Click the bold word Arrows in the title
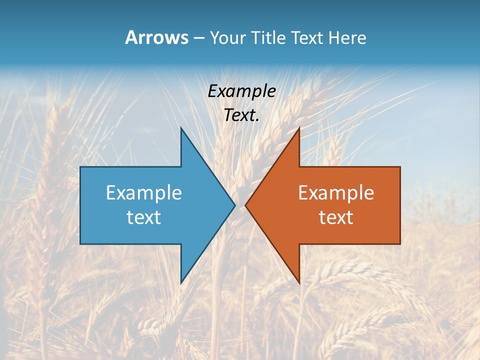(x=156, y=37)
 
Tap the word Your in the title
(x=228, y=37)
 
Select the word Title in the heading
(x=267, y=37)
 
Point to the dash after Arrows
(x=198, y=38)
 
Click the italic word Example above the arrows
(x=242, y=91)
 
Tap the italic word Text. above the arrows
(x=242, y=115)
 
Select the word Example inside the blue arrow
(x=144, y=192)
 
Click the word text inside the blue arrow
(x=144, y=217)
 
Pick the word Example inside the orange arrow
(x=336, y=192)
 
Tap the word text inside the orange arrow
(x=336, y=217)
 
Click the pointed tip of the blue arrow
(x=234, y=205)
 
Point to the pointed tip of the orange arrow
(x=245, y=205)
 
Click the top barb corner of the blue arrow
(x=181, y=128)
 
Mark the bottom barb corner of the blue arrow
(x=181, y=283)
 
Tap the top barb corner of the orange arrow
(x=299, y=128)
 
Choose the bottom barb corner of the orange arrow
(x=299, y=283)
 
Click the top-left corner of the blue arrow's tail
(x=80, y=167)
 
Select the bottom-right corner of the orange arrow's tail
(x=400, y=243)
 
